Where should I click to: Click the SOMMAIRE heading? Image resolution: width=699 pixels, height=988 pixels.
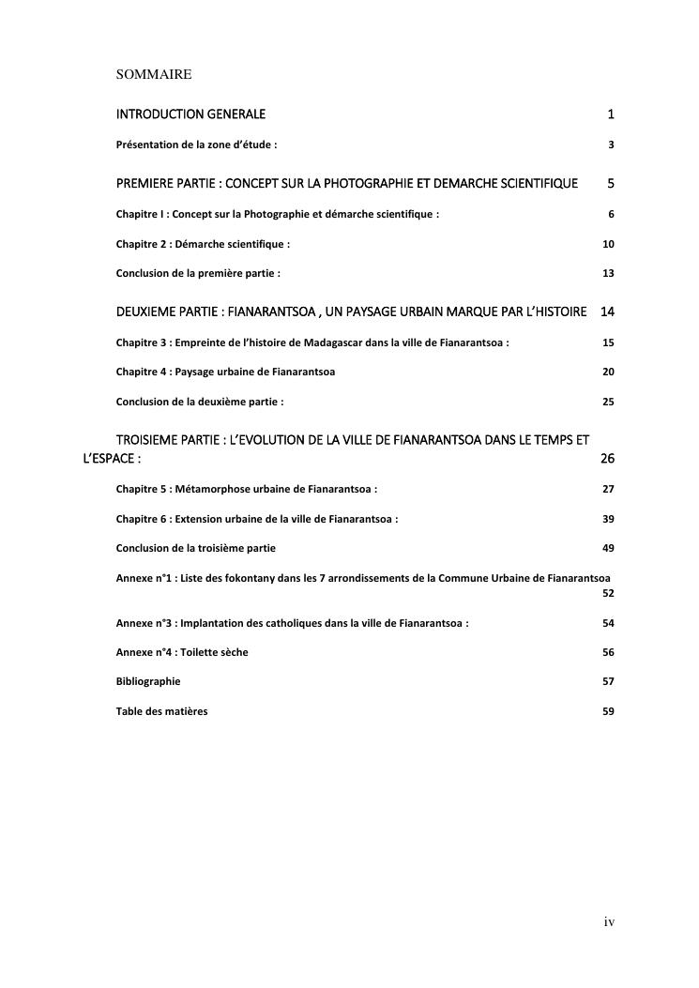[154, 73]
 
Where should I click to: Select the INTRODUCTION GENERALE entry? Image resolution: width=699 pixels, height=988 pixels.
[190, 114]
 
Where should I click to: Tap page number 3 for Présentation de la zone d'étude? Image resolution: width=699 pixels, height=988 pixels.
[611, 145]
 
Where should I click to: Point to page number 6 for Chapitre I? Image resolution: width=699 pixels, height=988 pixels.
[611, 214]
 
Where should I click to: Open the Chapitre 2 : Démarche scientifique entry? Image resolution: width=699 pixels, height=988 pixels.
[203, 244]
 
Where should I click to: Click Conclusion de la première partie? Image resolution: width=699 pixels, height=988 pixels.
[198, 273]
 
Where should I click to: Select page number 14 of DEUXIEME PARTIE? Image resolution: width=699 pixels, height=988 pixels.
[607, 312]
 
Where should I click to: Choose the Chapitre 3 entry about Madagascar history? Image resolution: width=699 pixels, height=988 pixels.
[312, 342]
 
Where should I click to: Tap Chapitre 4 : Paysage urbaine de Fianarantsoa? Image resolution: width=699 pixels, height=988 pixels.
[225, 372]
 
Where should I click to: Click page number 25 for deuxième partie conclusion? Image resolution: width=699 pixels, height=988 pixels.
[608, 402]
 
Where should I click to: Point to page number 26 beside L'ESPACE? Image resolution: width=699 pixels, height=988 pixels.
[607, 460]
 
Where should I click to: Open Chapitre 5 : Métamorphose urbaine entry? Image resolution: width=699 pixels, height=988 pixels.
[247, 489]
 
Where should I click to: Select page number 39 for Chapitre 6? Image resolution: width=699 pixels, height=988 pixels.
[608, 519]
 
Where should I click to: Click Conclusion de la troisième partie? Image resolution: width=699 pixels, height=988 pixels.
[195, 547]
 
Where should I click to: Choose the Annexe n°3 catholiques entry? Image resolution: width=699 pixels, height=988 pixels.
[292, 623]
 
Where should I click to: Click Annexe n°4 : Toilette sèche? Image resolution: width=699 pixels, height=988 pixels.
[182, 652]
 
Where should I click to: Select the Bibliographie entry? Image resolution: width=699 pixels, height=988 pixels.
[148, 681]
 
